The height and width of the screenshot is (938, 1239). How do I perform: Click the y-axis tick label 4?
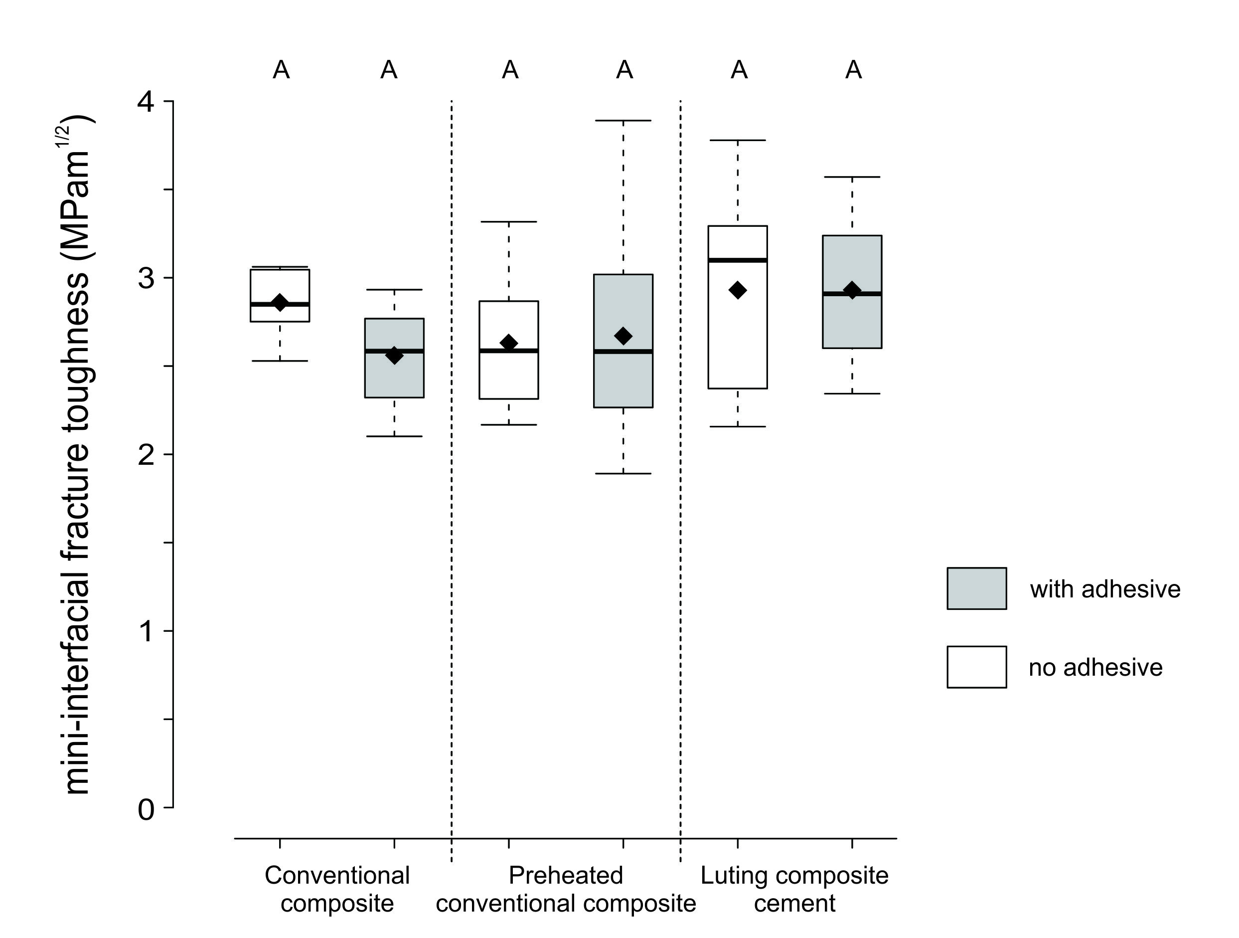[146, 102]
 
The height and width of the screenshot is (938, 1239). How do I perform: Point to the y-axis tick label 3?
[146, 278]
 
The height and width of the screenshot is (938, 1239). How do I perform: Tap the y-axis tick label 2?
[146, 454]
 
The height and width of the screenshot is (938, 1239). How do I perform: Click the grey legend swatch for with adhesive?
[976, 588]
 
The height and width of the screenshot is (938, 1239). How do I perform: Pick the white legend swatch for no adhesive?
[976, 667]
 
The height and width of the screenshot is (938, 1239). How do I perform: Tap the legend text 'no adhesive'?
[1095, 667]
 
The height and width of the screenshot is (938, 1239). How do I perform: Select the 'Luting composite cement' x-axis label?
[794, 889]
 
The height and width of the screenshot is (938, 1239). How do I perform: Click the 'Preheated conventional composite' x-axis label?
[566, 889]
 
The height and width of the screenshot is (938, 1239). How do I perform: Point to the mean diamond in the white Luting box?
[738, 290]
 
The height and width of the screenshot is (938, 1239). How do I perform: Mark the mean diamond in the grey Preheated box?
[623, 336]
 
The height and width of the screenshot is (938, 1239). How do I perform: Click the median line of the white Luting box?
[738, 260]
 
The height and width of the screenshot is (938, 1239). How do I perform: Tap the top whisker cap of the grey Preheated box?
[623, 121]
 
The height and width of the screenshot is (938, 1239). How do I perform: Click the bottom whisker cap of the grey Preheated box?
[623, 473]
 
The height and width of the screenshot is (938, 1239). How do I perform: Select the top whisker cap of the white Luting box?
[738, 140]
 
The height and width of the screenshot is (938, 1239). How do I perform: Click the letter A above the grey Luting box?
[853, 70]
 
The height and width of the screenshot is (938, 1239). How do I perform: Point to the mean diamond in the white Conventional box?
[280, 303]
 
